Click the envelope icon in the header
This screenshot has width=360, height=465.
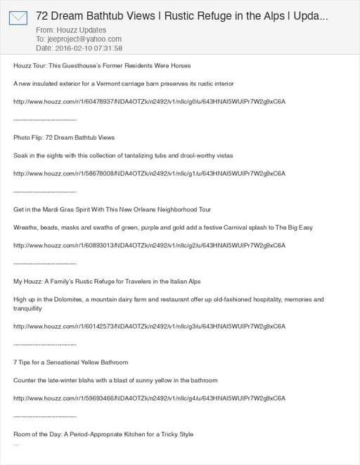(x=18, y=18)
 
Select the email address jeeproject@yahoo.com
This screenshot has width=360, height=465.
(x=82, y=39)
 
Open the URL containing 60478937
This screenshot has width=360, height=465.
(x=149, y=102)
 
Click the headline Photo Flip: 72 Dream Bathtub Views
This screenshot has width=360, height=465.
(x=64, y=138)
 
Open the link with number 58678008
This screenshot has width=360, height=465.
(x=149, y=173)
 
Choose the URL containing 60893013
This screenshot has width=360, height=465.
(x=149, y=246)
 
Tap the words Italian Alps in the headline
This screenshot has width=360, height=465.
(x=183, y=282)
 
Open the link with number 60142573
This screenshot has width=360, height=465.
(x=149, y=327)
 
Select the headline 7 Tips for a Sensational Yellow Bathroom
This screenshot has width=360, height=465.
(x=70, y=362)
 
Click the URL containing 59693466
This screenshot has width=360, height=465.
(x=149, y=398)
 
